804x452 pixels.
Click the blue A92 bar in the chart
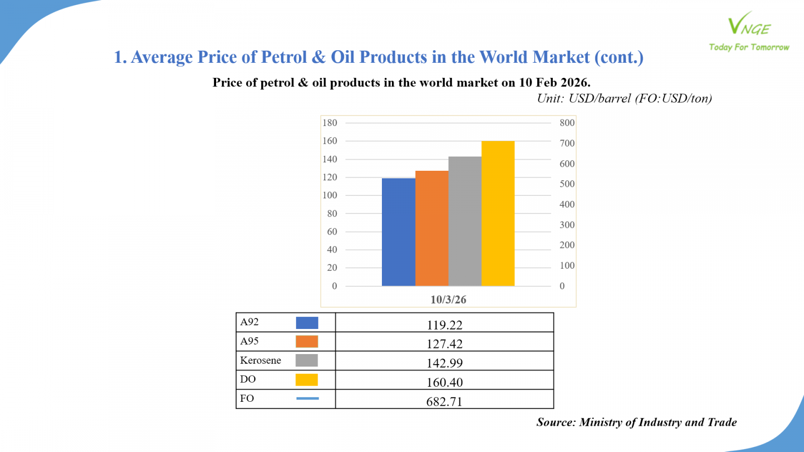pos(398,232)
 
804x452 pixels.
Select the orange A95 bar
pos(432,229)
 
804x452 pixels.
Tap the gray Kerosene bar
pos(465,221)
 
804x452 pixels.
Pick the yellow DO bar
pos(498,213)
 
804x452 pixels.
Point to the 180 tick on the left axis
pos(330,123)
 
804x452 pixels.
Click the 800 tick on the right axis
pos(567,123)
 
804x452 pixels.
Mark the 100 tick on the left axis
pos(330,195)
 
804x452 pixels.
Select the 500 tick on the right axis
pos(567,184)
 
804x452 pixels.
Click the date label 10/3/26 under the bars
pos(448,300)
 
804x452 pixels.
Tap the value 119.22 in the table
pos(445,325)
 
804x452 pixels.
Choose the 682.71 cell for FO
pos(444,401)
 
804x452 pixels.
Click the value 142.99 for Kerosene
pos(445,363)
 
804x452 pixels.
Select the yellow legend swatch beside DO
pos(307,380)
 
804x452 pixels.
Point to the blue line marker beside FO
pos(308,398)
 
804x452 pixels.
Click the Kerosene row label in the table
pos(260,360)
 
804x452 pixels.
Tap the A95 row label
pos(249,341)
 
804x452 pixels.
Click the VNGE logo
pos(749,25)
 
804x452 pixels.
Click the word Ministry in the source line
pos(600,422)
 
